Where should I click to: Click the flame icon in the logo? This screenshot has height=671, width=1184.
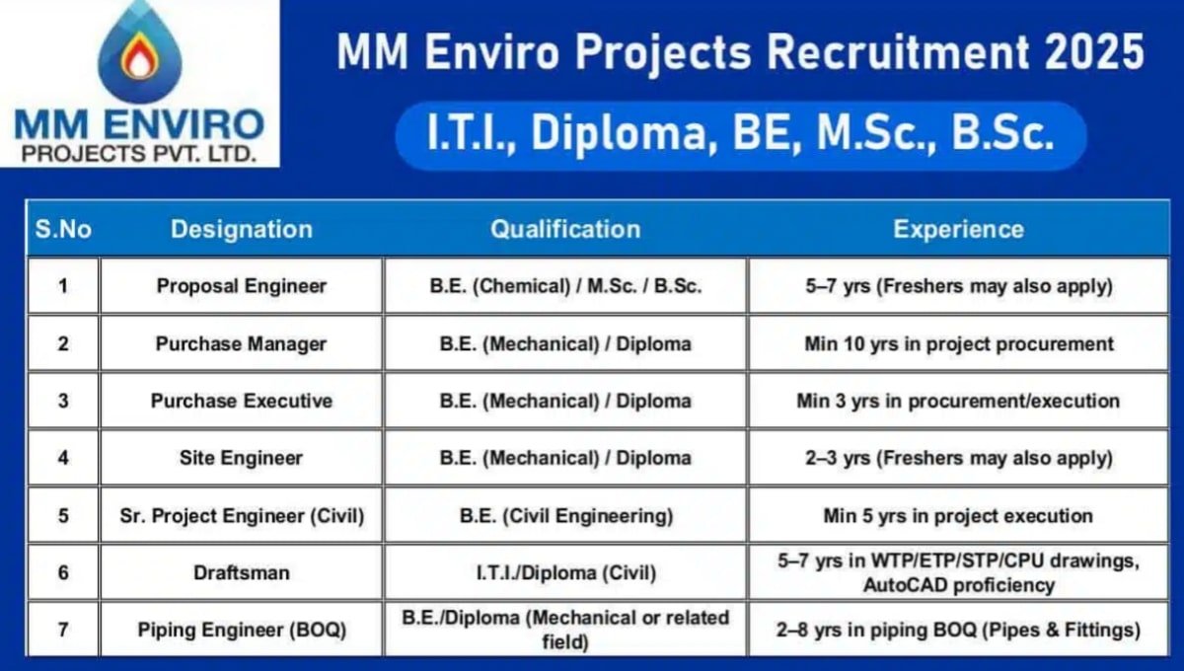click(139, 58)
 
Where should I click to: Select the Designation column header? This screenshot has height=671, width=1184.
click(241, 230)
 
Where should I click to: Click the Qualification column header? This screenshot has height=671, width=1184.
click(565, 230)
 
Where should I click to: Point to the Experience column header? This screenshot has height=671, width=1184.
click(958, 230)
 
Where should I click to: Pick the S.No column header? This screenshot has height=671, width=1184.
click(63, 230)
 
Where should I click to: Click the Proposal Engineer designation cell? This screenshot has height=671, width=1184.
click(241, 286)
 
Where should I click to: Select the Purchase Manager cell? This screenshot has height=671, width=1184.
click(241, 343)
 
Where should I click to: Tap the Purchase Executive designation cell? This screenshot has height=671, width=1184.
click(241, 401)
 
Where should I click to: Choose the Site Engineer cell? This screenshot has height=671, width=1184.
click(241, 458)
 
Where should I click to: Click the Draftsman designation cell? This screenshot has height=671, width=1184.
click(241, 572)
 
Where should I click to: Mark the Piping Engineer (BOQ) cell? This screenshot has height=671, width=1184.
click(241, 629)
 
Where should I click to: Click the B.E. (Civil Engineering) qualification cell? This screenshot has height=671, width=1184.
click(565, 515)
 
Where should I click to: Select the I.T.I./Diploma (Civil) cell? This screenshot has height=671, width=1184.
click(565, 572)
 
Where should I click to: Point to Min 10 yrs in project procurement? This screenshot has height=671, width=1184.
click(958, 343)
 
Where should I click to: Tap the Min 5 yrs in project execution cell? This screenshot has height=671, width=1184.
click(958, 515)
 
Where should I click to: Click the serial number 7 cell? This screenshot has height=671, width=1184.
click(63, 629)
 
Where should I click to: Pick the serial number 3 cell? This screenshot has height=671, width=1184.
click(63, 401)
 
